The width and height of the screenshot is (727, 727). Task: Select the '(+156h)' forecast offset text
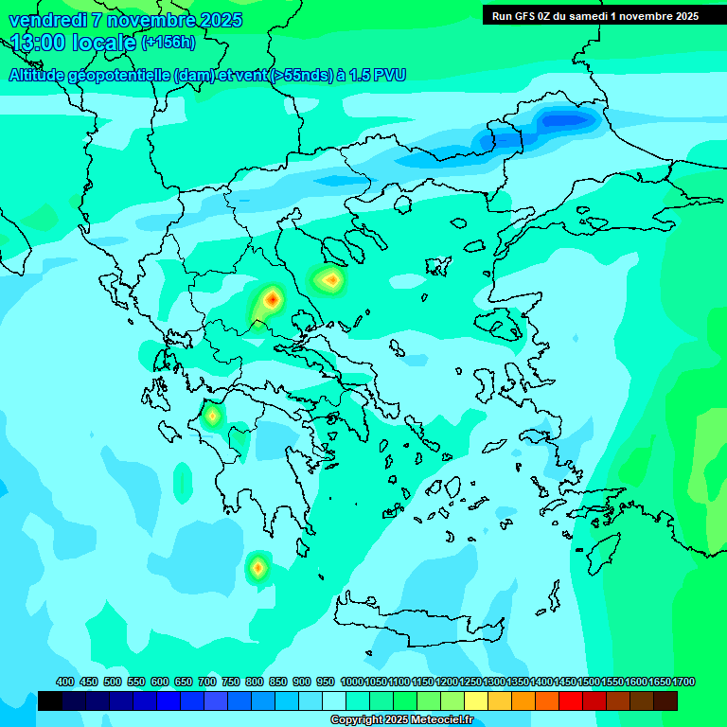[168, 43]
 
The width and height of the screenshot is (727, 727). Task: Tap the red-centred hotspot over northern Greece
[272, 300]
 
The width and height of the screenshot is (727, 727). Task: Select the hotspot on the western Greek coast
[213, 415]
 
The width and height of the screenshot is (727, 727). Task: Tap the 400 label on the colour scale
[65, 682]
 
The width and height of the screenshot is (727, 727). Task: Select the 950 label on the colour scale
[326, 682]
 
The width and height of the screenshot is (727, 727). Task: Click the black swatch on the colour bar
[50, 700]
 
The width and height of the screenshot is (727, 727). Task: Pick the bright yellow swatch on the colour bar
[476, 700]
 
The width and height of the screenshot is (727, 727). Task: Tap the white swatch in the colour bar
[334, 700]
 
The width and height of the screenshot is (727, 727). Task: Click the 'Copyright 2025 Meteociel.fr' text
[401, 720]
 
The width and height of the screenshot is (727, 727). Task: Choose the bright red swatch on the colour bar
[571, 700]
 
